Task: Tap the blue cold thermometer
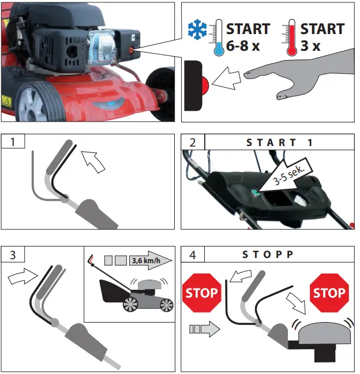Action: coord(217,38)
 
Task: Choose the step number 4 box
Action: coord(193,255)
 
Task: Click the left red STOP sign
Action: coord(201,293)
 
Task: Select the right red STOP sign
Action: coord(329,293)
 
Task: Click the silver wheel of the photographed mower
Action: coord(31,104)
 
